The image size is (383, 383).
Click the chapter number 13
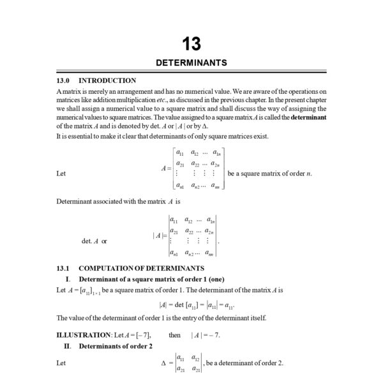coord(191,44)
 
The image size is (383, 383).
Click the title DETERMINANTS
coord(191,63)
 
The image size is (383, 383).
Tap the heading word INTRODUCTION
coord(107,81)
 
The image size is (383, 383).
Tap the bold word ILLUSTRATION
coord(83,334)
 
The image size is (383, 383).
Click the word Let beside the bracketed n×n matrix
coord(61,174)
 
